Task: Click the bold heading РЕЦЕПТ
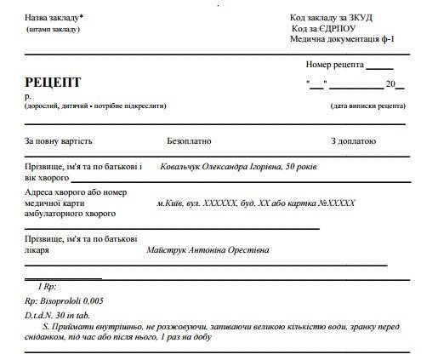point(53,83)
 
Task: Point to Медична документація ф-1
point(342,40)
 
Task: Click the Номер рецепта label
point(334,65)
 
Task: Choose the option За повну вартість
point(58,140)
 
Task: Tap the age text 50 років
point(300,167)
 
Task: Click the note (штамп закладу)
point(53,29)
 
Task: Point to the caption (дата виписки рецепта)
point(368,106)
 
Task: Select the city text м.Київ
point(173,203)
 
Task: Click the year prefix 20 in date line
point(390,83)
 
